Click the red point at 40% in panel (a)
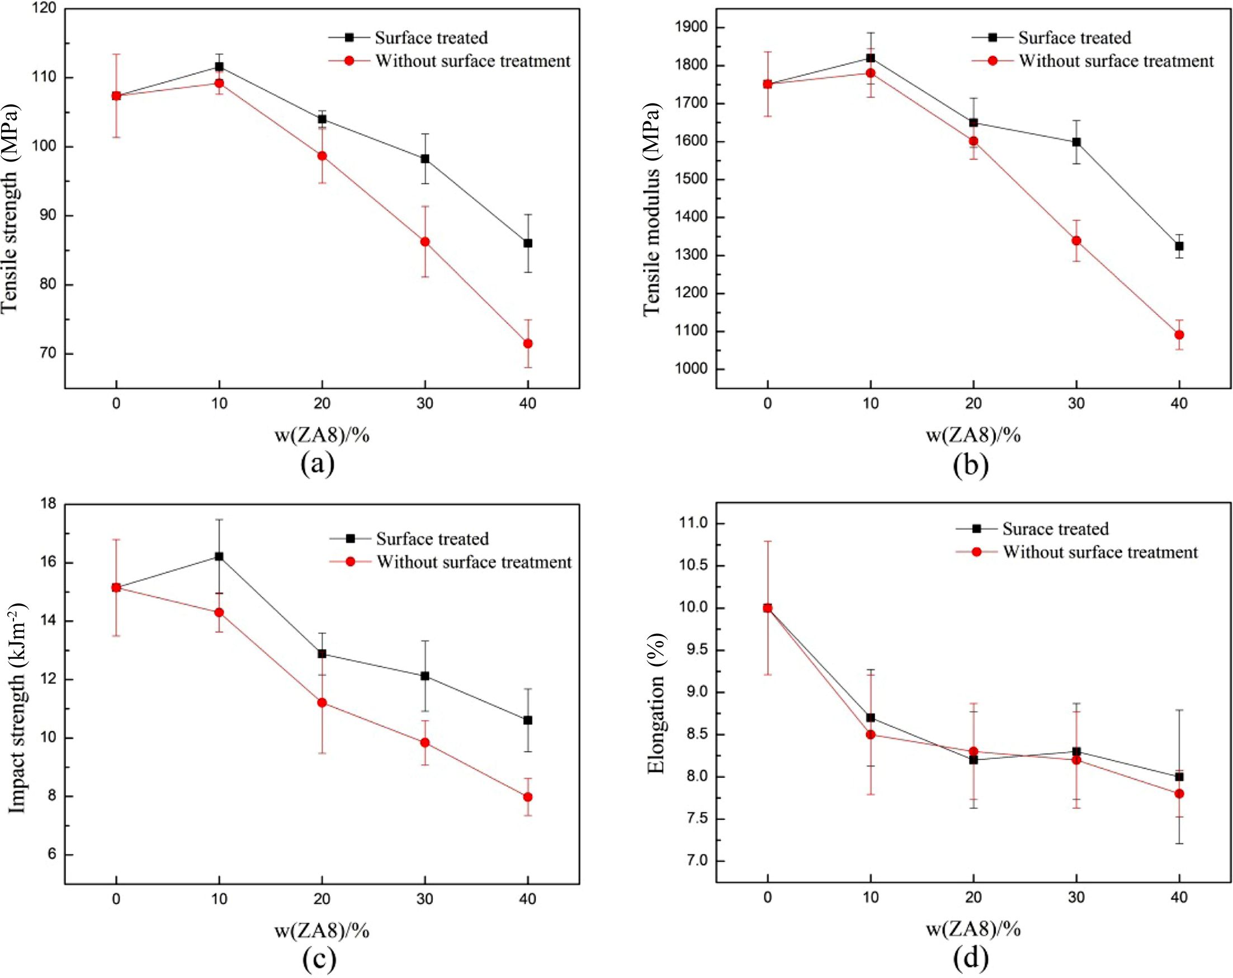tap(527, 344)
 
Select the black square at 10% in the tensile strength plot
tap(219, 67)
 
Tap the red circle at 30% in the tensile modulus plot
tap(1076, 241)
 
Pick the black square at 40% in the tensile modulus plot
tap(1179, 246)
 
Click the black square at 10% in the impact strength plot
tap(219, 556)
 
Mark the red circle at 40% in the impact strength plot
tap(527, 797)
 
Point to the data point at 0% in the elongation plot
tap(767, 608)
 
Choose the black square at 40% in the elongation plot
tap(1179, 777)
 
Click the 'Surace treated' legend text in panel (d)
tap(1055, 529)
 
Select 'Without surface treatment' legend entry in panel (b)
tap(1116, 61)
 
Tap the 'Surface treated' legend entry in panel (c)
tap(432, 538)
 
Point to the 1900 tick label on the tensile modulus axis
tap(691, 27)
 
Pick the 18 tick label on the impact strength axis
tap(49, 504)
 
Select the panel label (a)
tap(318, 463)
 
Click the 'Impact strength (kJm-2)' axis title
tap(17, 708)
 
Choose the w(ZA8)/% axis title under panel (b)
tap(973, 435)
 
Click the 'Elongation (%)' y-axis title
tap(656, 704)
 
